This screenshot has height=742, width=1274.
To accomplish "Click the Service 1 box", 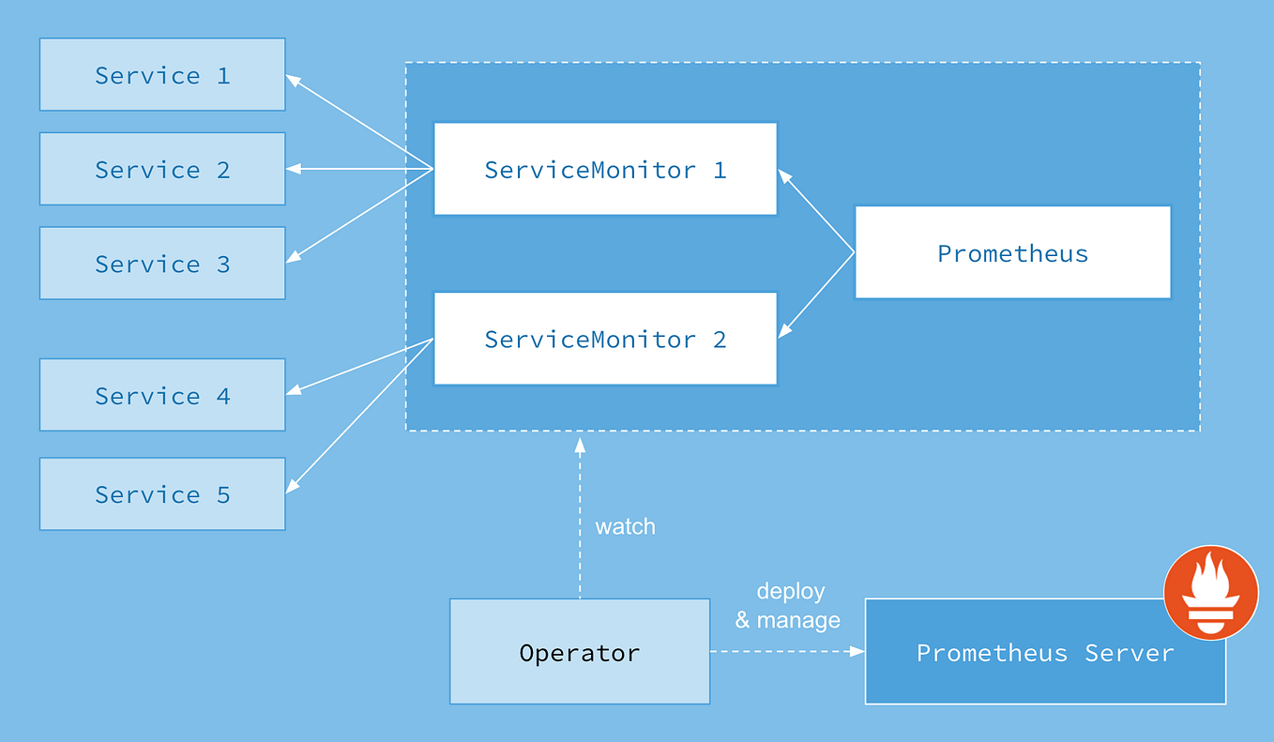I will pos(162,75).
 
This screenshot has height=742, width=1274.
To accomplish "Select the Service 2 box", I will pos(162,169).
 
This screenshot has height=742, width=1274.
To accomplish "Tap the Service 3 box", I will pos(162,264).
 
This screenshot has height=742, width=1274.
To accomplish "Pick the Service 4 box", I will pos(162,395).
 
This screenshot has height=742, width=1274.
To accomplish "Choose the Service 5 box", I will pos(162,494).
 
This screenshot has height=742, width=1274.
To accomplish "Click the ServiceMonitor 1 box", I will pos(605,169).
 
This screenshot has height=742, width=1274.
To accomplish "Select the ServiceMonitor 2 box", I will pos(605,339).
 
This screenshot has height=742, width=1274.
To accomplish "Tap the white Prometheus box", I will pos(1012,253).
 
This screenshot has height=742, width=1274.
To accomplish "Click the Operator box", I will pos(580,652).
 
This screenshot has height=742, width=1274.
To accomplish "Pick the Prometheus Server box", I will pos(1044,653).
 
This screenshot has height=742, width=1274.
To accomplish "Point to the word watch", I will pos(625,526).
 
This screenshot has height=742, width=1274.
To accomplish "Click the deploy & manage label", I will pos(788,606).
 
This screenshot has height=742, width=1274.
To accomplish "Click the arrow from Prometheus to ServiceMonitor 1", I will pos(816,211).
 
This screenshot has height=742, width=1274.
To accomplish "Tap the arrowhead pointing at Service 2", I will pos(293,169).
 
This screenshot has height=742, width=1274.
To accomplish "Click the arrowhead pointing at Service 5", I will pos(292,486).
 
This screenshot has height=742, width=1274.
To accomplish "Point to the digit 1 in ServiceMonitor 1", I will pos(720,170).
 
